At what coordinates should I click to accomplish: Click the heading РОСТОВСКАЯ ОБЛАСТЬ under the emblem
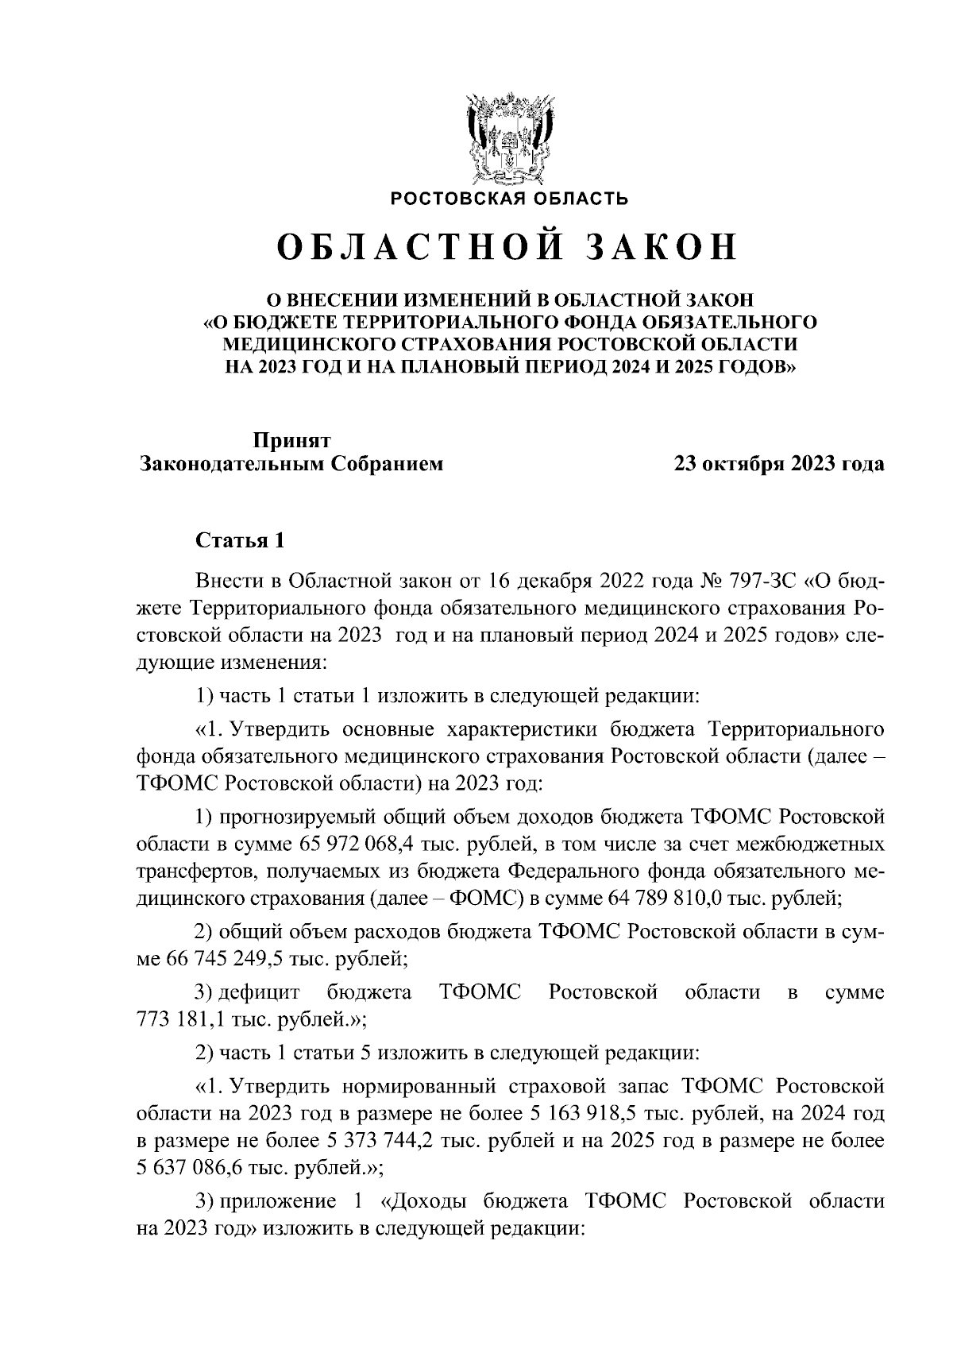point(509,198)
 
